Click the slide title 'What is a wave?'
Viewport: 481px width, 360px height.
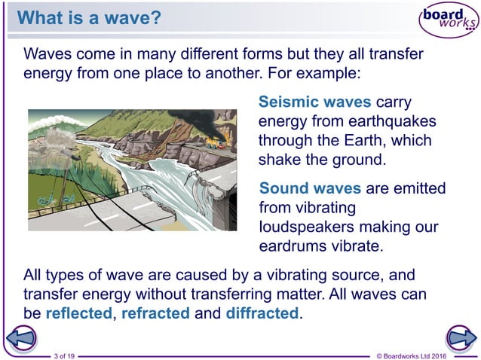tap(89, 17)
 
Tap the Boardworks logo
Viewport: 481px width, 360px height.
tap(447, 20)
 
